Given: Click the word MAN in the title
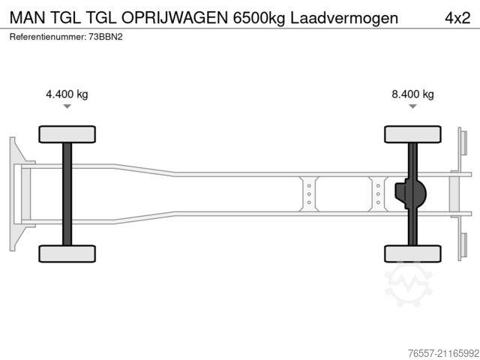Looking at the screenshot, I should point(26,16).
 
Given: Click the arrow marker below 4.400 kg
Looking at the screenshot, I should point(67,106).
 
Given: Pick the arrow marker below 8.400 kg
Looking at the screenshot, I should point(412,106).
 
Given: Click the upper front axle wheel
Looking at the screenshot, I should point(67,134).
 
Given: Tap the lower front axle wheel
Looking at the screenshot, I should point(67,253).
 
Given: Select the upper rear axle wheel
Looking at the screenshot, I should point(412,134).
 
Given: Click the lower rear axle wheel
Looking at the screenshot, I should point(412,253).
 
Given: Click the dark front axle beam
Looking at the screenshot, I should point(67,193).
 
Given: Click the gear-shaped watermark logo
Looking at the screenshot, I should point(409,285).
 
